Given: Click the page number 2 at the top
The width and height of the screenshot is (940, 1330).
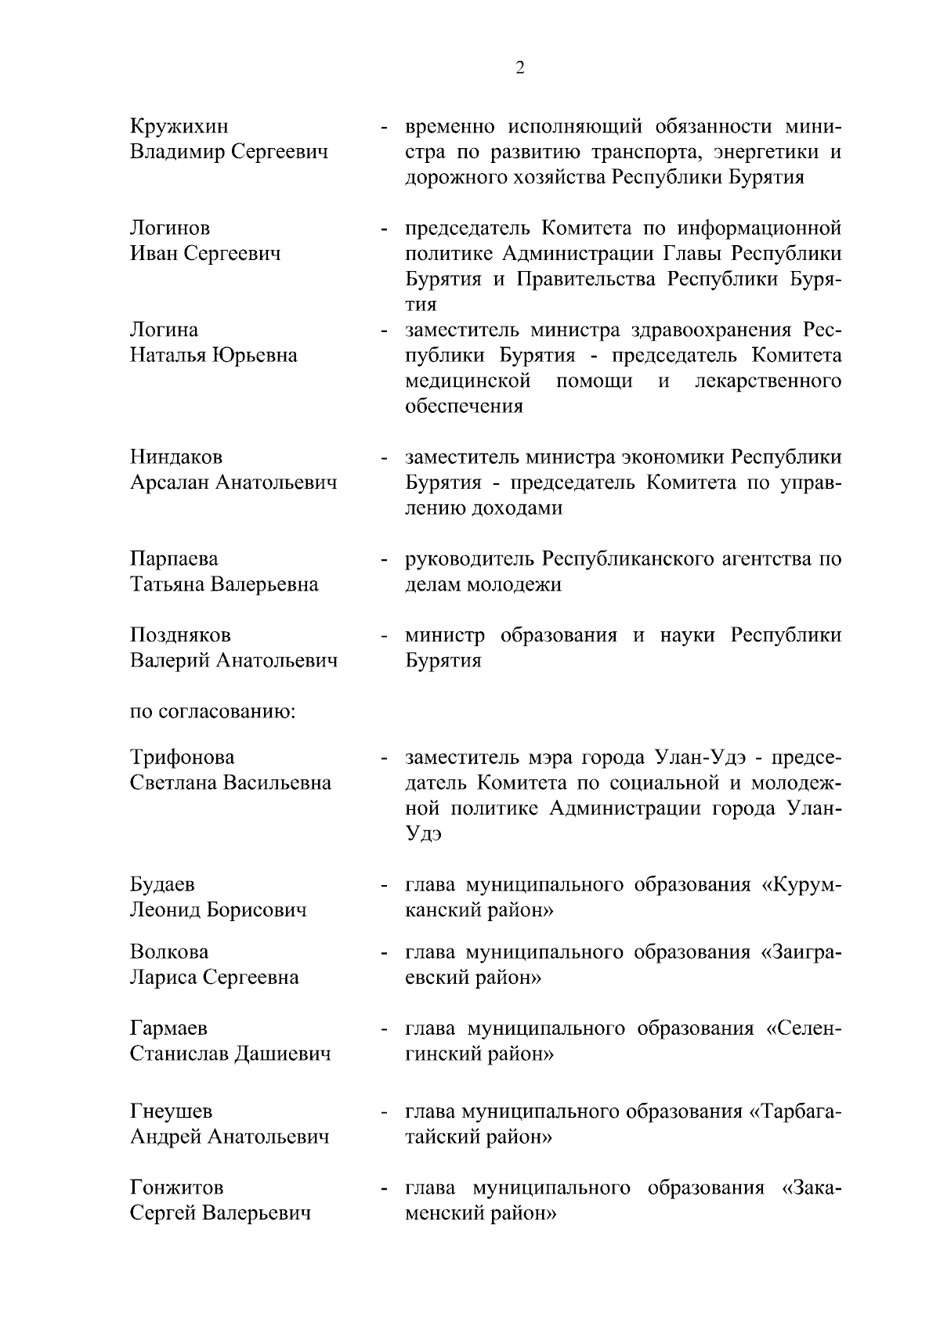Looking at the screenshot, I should point(520,68).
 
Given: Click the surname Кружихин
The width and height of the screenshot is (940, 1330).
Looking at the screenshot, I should point(179,126).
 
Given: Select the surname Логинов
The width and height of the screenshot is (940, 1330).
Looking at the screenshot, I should point(170,228).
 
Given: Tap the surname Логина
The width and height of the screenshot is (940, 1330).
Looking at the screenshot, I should point(164,330).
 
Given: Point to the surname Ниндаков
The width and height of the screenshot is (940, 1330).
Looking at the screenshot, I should point(176,457).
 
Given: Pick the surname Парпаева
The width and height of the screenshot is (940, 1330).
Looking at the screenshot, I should point(174,559).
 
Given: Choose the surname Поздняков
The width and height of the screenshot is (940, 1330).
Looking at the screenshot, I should point(180,635).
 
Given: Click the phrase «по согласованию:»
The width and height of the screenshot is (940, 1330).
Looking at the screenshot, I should point(212,713).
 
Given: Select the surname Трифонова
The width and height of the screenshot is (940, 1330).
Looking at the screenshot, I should point(182,757).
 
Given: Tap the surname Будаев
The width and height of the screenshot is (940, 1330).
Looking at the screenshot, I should point(162,884).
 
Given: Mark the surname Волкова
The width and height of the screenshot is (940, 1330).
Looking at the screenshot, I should point(169,952).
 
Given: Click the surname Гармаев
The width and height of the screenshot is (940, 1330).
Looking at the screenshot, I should point(168,1028).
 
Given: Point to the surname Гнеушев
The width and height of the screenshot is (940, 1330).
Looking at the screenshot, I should point(171,1111).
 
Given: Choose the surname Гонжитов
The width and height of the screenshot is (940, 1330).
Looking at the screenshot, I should point(176,1187).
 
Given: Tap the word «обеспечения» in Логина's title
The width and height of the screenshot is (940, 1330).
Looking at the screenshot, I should point(464,407).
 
